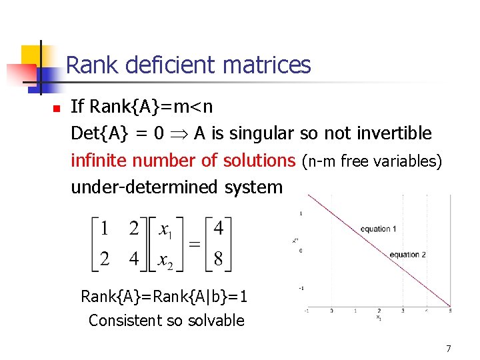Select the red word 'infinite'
tap(99, 161)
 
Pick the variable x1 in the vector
tap(166, 231)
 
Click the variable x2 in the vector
tap(166, 259)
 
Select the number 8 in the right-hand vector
tap(218, 259)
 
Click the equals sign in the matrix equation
tap(195, 245)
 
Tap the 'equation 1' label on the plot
tap(378, 229)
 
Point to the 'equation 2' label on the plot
tap(407, 255)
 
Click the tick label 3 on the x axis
tap(402, 311)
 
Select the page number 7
tap(449, 348)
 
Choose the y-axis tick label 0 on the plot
tap(301, 251)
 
